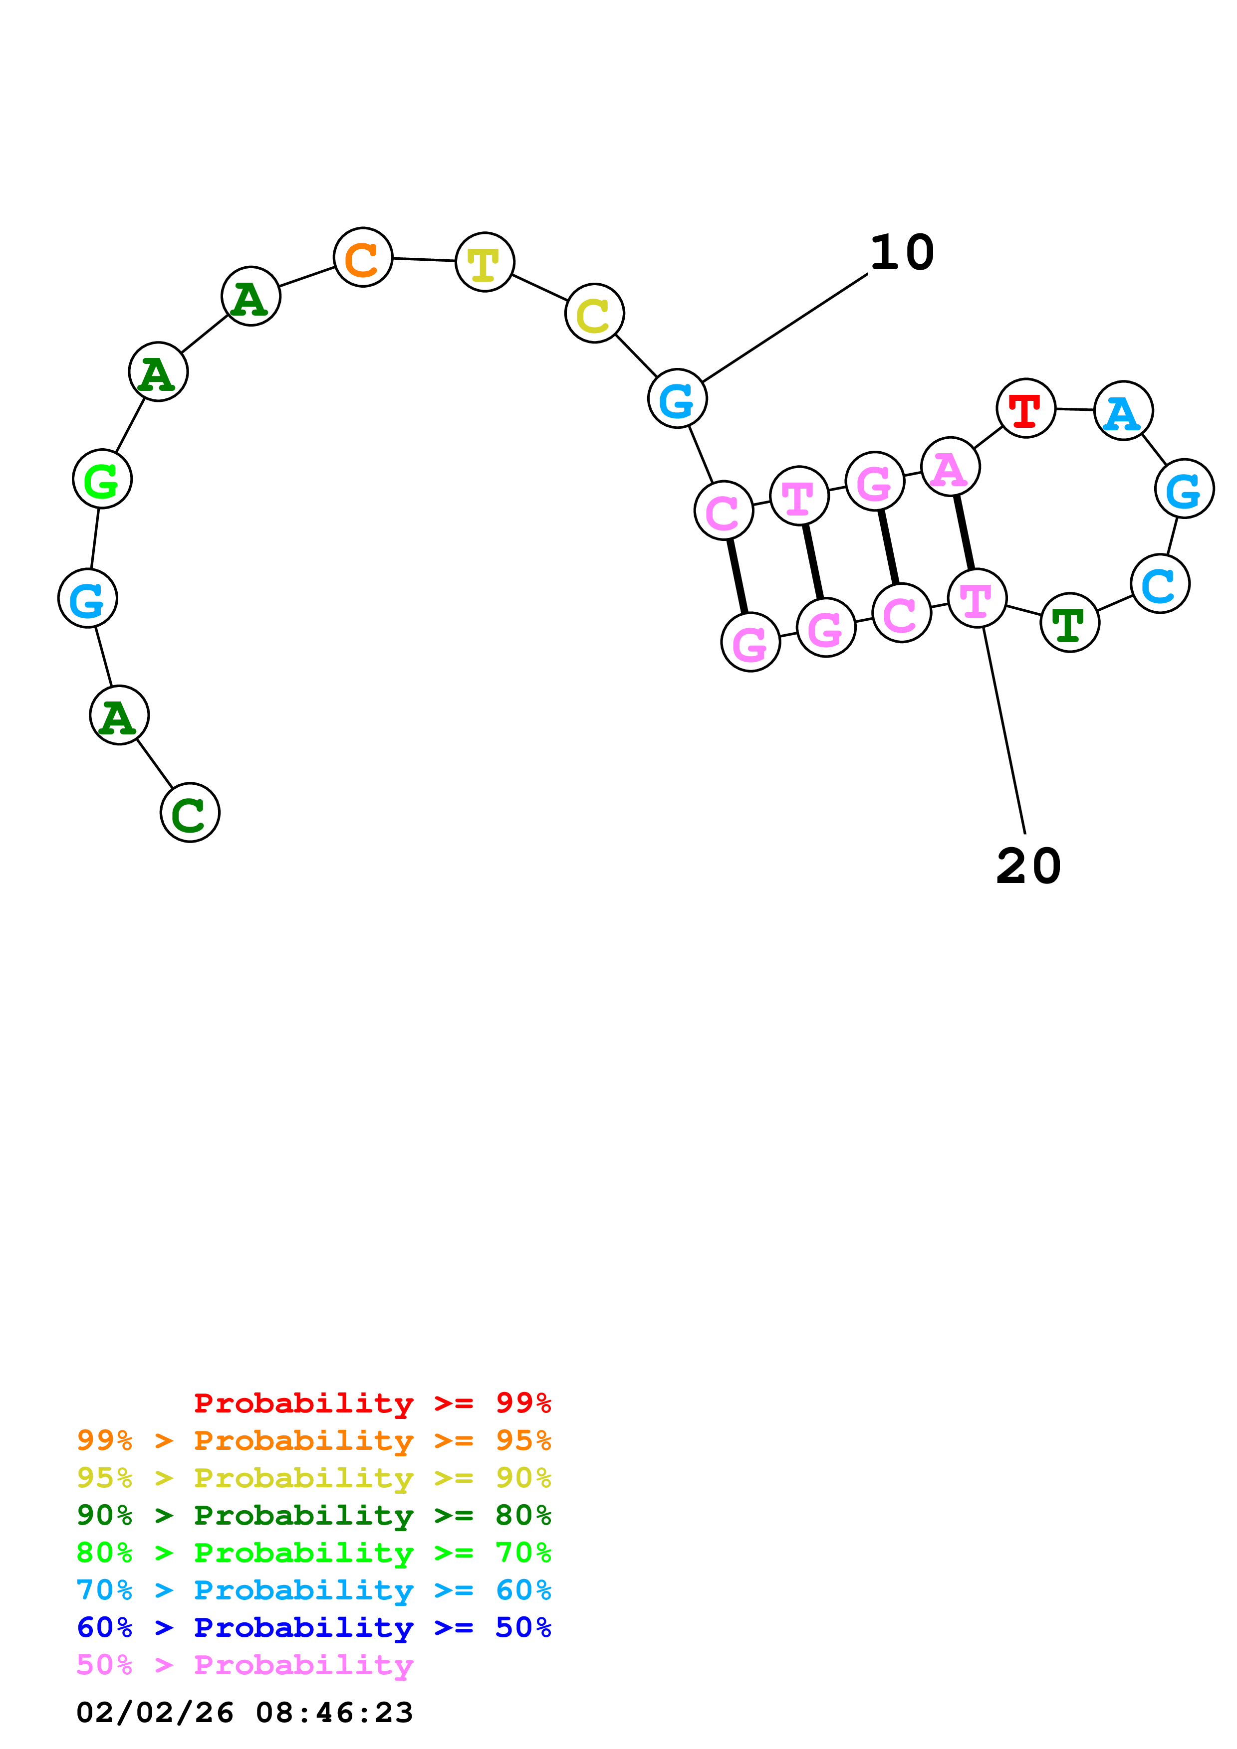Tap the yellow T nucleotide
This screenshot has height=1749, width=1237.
(485, 262)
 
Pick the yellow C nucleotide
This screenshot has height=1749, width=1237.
(594, 313)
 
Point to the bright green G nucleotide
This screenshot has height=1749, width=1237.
(102, 479)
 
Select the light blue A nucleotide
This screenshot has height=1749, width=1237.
(1123, 411)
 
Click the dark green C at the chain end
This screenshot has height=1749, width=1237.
(190, 812)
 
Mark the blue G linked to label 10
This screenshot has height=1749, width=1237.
(678, 398)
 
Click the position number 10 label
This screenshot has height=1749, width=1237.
(902, 252)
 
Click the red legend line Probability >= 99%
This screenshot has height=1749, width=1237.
(372, 1403)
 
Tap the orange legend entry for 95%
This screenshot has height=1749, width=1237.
(314, 1440)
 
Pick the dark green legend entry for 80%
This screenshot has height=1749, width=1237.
(314, 1515)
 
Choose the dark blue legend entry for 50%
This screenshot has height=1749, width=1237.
(314, 1627)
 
